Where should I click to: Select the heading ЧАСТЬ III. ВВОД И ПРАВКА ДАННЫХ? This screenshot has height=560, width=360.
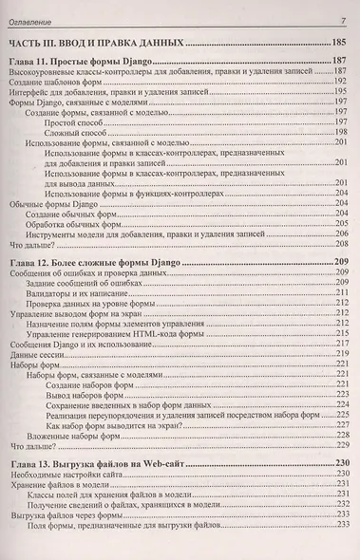pyautogui.click(x=95, y=43)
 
